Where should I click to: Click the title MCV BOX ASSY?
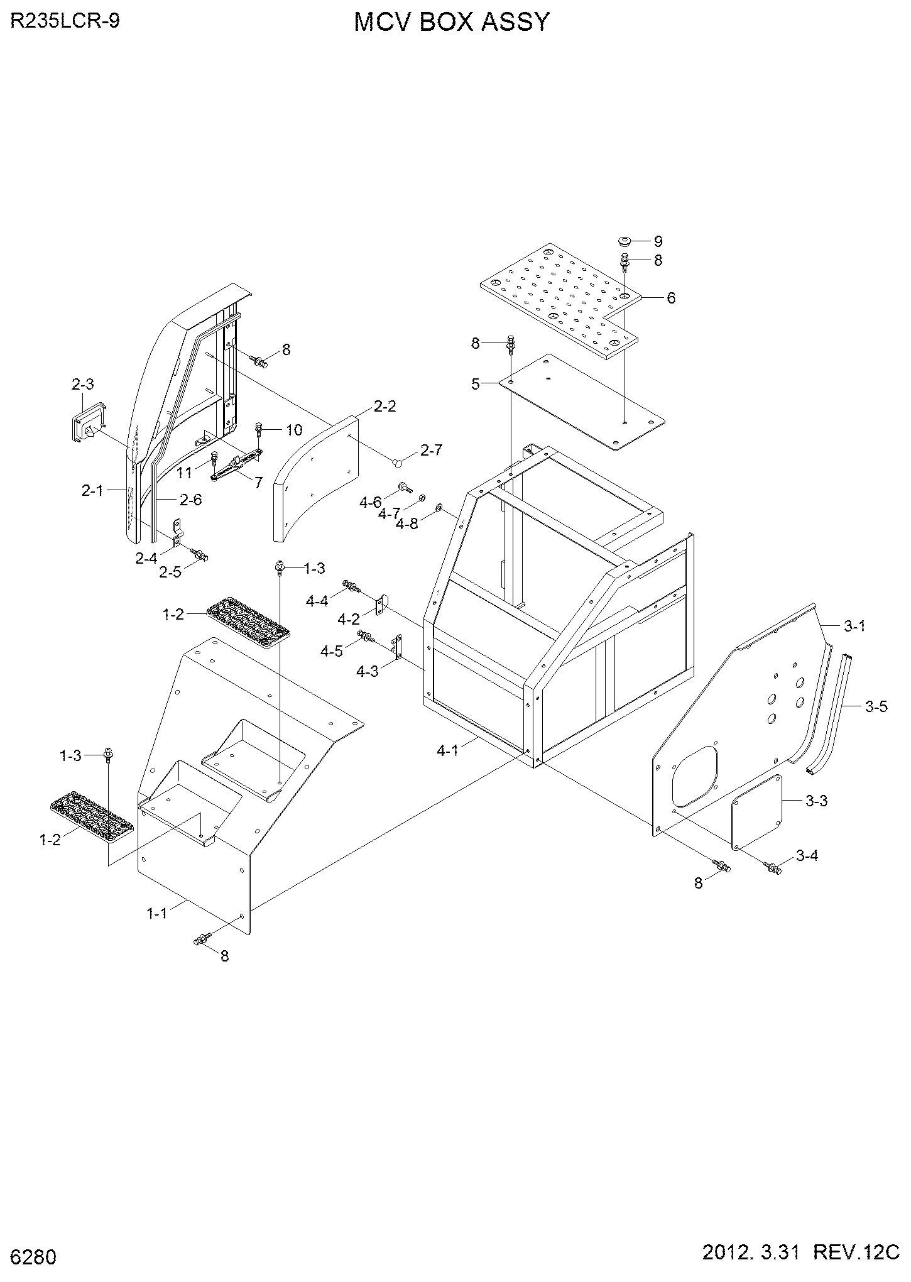(452, 23)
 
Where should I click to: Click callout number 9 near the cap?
(658, 241)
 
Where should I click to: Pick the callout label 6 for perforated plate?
(671, 298)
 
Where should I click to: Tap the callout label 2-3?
(82, 385)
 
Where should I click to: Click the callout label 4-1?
(447, 750)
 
